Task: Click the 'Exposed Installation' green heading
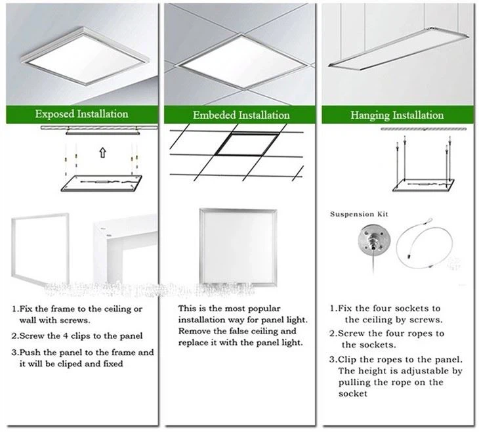pyautogui.click(x=81, y=114)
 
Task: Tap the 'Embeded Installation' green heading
pyautogui.click(x=241, y=115)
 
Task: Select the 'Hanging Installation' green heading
pyautogui.click(x=396, y=116)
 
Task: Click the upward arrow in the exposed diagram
pyautogui.click(x=102, y=154)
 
